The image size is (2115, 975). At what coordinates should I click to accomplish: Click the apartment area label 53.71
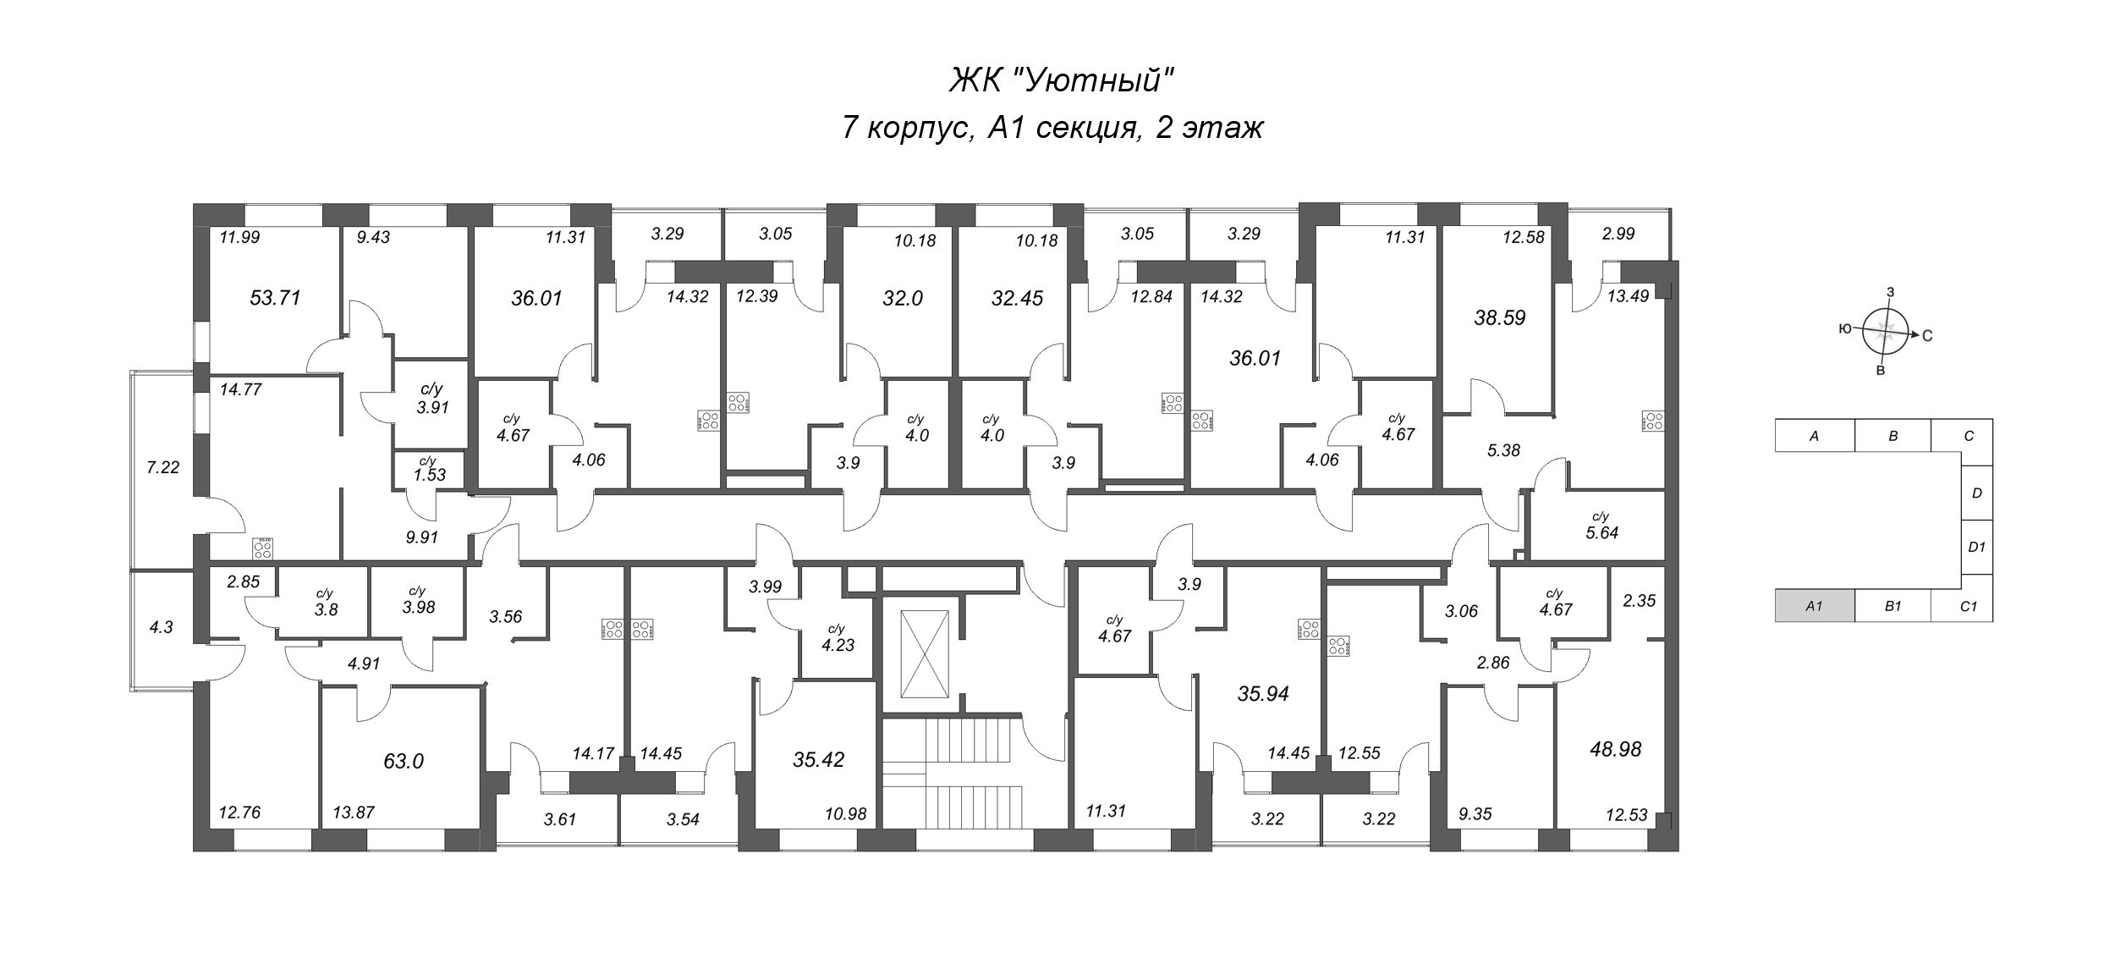[276, 298]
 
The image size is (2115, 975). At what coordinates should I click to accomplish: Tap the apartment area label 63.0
[403, 761]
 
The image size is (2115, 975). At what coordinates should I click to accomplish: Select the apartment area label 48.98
[1615, 749]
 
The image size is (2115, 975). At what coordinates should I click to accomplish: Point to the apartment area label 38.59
[1499, 317]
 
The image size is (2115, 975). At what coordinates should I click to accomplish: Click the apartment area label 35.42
[817, 759]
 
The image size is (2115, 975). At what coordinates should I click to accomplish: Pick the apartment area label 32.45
[1017, 298]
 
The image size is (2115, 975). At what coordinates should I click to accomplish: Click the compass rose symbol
[1885, 332]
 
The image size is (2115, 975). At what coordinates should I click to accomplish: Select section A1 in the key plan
[1814, 606]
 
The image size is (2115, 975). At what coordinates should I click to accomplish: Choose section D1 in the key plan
[1976, 547]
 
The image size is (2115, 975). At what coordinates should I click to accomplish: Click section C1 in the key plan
[1968, 606]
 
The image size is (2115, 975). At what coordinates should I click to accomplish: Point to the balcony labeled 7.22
[162, 467]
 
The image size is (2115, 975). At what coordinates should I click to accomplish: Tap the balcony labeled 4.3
[161, 628]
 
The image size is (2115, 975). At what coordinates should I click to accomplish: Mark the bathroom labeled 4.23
[838, 639]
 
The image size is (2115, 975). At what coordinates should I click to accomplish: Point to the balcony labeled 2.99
[1618, 234]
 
